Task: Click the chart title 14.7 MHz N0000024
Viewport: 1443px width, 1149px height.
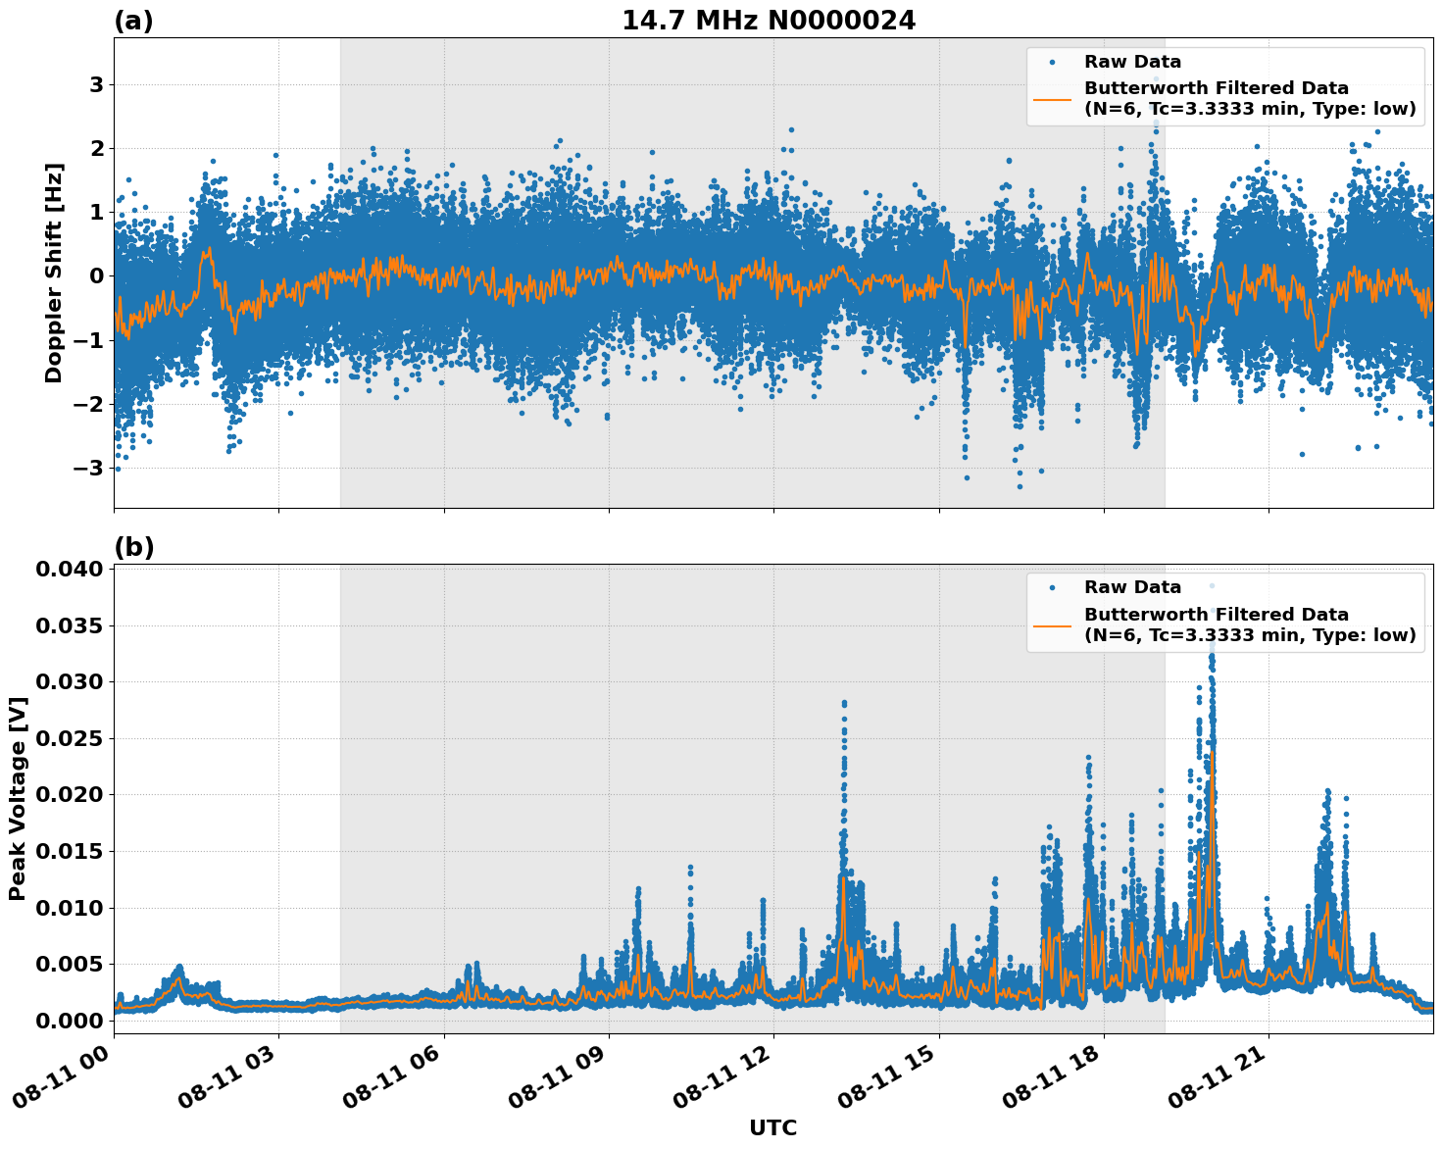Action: (769, 20)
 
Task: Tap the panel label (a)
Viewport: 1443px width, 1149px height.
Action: (133, 21)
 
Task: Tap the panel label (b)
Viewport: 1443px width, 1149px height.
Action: (133, 547)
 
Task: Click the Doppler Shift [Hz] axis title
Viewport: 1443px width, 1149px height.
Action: (54, 274)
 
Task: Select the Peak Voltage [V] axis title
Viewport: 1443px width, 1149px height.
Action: (17, 798)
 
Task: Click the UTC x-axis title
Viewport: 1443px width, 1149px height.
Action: (772, 1127)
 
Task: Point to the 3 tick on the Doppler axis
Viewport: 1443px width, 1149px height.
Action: (96, 85)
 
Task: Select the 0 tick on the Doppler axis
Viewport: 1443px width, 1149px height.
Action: (96, 276)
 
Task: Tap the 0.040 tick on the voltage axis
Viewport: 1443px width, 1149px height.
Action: (71, 569)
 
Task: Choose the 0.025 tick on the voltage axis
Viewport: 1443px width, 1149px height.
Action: (71, 738)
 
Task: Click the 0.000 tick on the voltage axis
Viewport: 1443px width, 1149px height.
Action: (71, 1021)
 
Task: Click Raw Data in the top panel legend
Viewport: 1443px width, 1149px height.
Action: (1132, 62)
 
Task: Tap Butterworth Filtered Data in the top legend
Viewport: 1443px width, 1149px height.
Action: (1216, 88)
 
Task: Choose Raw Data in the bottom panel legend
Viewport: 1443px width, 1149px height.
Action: (1132, 587)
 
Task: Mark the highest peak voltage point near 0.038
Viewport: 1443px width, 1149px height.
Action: (1212, 585)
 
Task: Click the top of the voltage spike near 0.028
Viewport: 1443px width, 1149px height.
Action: (844, 702)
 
